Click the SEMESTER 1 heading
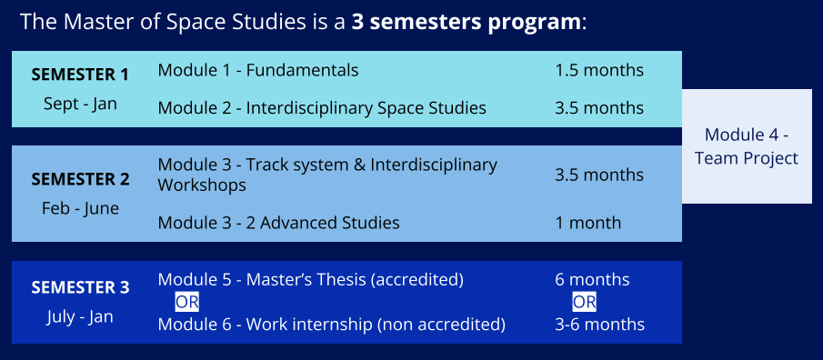coord(80,75)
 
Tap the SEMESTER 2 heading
coord(80,179)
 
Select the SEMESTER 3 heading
coord(80,287)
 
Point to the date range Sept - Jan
coord(80,104)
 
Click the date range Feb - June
coord(80,208)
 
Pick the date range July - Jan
coord(79,317)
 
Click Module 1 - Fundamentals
coord(258,70)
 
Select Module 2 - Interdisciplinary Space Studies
coord(322,108)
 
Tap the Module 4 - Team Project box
coord(747,146)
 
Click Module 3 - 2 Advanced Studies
coord(278,223)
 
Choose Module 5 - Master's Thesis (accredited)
coord(311,280)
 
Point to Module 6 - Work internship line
coord(332,325)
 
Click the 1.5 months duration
coord(599,70)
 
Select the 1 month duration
coord(587,223)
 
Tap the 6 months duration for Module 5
coord(592,280)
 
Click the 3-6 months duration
coord(600,325)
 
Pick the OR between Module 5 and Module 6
coord(186,303)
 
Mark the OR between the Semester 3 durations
coord(584,303)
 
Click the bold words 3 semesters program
coord(467,23)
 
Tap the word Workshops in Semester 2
coord(202,185)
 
